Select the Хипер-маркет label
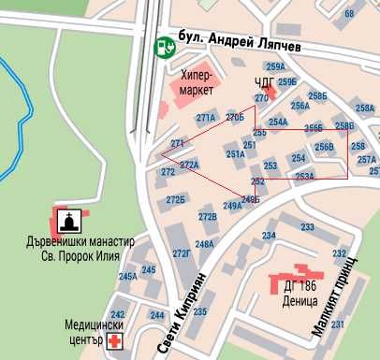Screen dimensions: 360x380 click(197, 83)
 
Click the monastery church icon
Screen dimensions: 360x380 click(69, 221)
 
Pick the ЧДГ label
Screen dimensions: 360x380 click(265, 82)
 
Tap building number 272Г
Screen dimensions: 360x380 click(182, 253)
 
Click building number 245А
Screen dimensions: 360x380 click(127, 277)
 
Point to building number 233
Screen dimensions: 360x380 click(307, 227)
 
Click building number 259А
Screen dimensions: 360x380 click(275, 66)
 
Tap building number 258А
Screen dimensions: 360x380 click(365, 108)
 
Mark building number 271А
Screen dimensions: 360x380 click(206, 118)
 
